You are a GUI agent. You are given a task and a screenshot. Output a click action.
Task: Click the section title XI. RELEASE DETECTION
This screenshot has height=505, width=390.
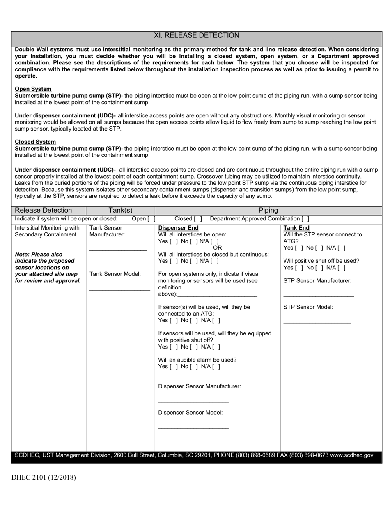click(x=196, y=36)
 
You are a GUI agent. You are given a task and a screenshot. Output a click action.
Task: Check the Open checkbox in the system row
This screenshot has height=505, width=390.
click(x=151, y=219)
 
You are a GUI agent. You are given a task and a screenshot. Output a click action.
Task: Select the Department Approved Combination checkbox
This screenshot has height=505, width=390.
click(x=305, y=219)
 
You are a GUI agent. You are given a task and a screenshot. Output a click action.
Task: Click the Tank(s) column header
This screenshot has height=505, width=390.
click(x=120, y=210)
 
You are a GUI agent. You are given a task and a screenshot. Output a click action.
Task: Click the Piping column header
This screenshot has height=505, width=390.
click(x=268, y=210)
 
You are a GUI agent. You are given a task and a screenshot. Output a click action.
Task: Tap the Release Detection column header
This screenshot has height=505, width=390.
click(x=43, y=210)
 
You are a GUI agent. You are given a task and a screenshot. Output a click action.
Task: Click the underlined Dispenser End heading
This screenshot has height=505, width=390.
click(x=178, y=228)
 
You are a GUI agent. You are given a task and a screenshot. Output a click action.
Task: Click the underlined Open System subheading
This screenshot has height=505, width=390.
click(x=33, y=89)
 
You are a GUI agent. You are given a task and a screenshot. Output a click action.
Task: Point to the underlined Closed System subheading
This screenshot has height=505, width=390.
click(x=35, y=142)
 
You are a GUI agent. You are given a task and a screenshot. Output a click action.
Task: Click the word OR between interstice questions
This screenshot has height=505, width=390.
click(x=217, y=248)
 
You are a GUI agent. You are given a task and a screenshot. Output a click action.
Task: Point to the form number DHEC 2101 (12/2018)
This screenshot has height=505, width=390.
click(x=44, y=477)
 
